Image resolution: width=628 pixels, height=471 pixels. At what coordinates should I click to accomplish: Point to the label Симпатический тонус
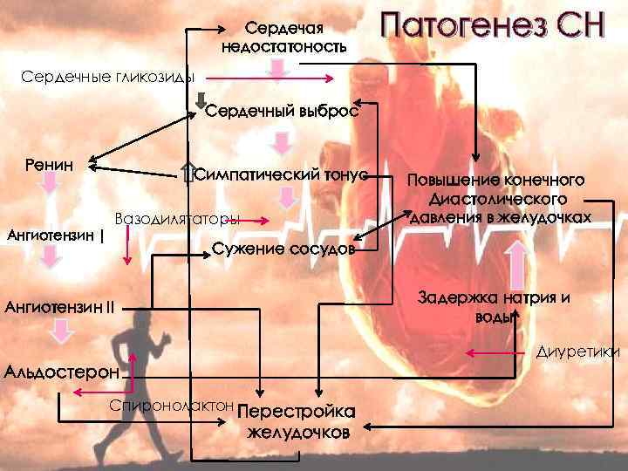(279, 174)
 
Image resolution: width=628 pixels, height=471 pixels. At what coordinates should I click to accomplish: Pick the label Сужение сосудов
(284, 250)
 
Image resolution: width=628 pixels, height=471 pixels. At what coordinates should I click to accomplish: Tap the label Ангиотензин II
(60, 306)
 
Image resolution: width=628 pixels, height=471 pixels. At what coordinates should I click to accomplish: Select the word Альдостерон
(62, 372)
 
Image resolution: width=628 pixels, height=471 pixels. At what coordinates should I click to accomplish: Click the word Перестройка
(297, 413)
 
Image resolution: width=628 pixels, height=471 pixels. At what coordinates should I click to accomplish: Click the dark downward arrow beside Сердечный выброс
(200, 100)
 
